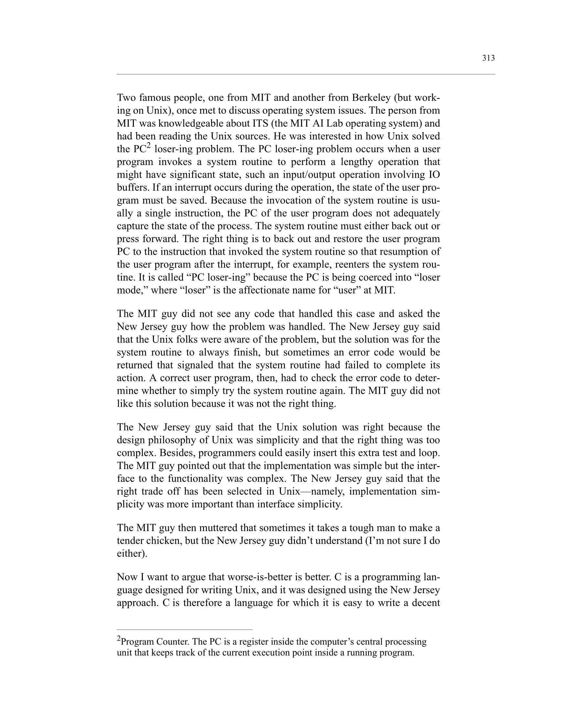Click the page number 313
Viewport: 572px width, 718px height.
488,58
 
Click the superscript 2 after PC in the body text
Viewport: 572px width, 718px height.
149,146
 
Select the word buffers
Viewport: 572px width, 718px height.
133,187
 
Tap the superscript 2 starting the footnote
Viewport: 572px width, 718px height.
118,638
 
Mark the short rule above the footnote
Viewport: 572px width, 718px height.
185,630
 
